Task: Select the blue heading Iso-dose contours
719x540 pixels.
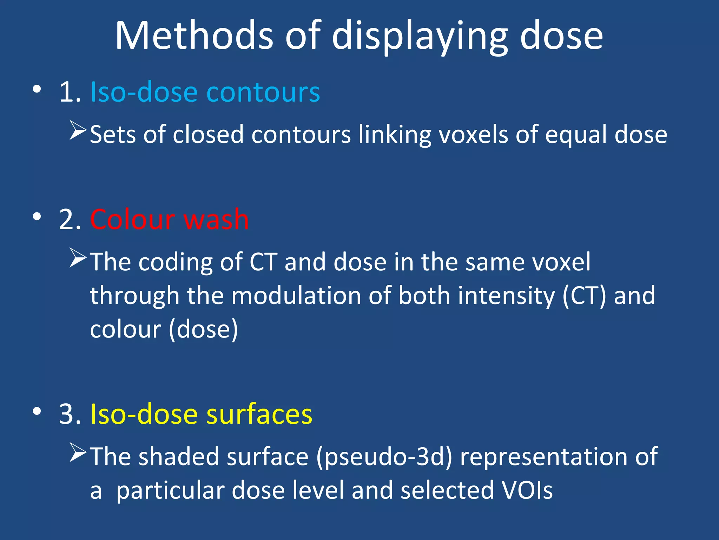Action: (205, 92)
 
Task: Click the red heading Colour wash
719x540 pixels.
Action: (169, 219)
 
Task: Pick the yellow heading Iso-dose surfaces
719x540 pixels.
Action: (201, 414)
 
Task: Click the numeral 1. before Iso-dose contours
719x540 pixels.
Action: (70, 92)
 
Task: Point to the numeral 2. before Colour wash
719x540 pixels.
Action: (70, 219)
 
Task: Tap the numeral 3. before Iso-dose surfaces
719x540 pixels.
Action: (70, 414)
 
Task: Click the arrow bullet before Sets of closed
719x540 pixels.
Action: (78, 130)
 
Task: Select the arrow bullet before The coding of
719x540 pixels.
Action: (78, 258)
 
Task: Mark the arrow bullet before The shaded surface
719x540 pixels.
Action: (78, 452)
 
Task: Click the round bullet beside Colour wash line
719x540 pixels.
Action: (37, 217)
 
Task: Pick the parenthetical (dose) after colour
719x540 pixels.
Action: (204, 329)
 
